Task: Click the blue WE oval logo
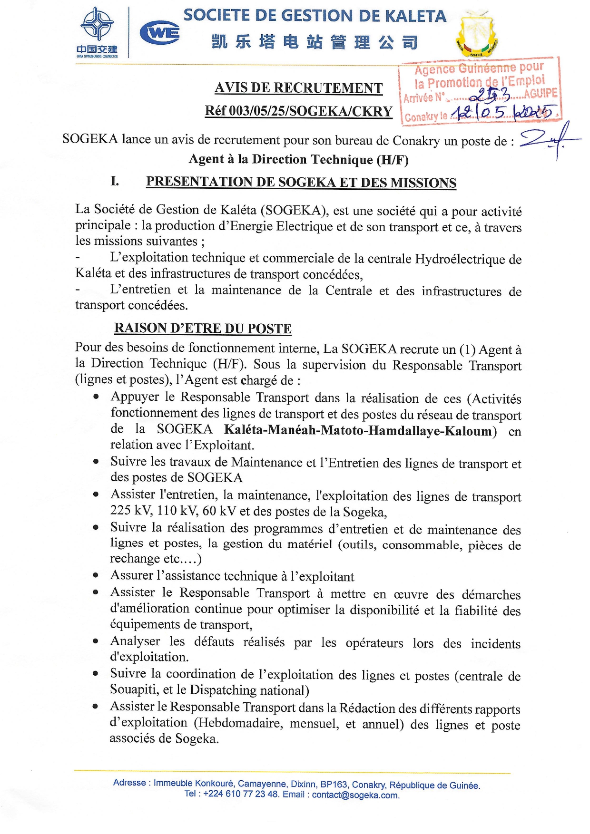160,33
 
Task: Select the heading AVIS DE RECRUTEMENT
298,88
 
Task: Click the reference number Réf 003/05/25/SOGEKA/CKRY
298,111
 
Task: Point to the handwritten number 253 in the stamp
490,95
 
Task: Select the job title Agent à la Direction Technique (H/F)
298,159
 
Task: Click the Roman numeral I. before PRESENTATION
115,181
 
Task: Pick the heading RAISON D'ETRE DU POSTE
203,329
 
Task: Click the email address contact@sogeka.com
355,795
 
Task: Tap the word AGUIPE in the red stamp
541,93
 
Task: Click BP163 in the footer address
335,784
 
